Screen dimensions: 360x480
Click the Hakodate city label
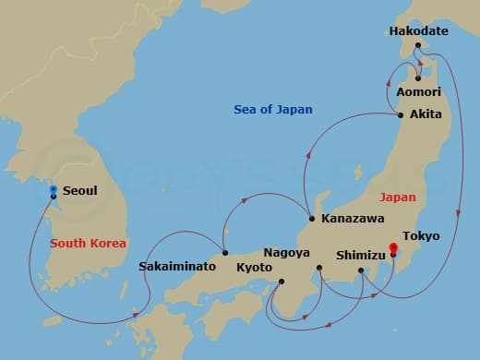(x=418, y=31)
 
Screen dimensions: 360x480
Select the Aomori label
(x=418, y=92)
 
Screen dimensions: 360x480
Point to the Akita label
(x=425, y=115)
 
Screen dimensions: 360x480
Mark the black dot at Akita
(x=400, y=115)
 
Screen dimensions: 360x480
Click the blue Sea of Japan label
(x=272, y=110)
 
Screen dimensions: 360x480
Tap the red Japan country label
(x=397, y=197)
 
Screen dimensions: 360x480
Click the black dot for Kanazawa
(x=312, y=219)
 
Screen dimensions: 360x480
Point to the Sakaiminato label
(x=177, y=266)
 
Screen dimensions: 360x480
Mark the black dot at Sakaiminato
(x=225, y=253)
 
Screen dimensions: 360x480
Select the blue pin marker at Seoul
(x=54, y=191)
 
